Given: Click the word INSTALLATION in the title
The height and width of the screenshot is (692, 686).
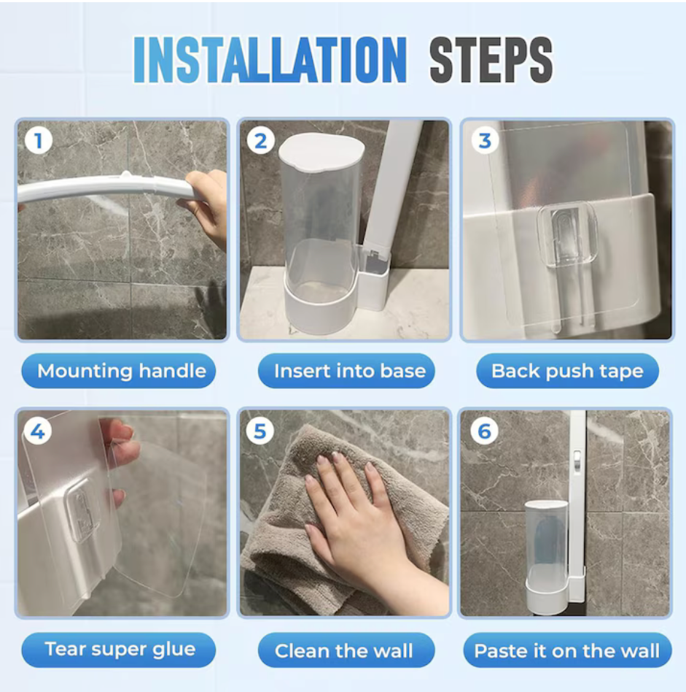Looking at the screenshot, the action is point(270,60).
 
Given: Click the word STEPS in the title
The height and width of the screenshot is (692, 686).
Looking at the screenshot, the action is point(491,60).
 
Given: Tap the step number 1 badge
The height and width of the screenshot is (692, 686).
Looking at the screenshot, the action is point(39,141).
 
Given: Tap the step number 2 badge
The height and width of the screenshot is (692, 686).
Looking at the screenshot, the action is point(260,141).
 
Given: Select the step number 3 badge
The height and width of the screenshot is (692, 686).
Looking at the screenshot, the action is point(485,141).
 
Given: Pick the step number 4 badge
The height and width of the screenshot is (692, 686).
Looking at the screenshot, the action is point(37,431).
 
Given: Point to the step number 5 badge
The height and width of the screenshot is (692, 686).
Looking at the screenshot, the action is point(260,431).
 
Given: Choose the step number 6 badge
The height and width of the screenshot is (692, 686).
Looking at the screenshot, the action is point(484,431).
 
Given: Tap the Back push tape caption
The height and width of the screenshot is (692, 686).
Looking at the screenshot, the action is point(567,371).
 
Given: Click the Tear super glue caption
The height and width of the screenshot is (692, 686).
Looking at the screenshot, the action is point(119,650).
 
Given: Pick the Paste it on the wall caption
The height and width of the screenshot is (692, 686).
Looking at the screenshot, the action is point(567,650).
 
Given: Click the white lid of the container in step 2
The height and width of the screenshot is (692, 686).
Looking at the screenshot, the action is point(321,151).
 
